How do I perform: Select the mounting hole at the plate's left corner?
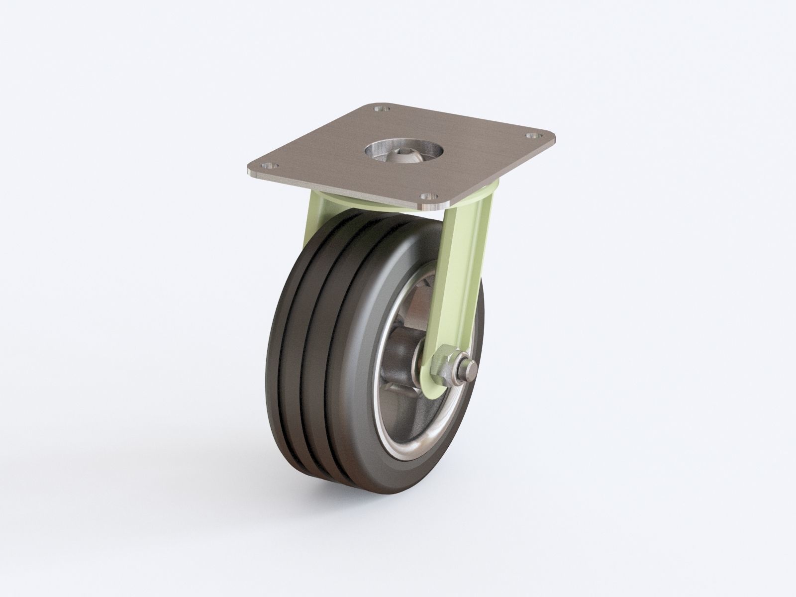271,166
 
